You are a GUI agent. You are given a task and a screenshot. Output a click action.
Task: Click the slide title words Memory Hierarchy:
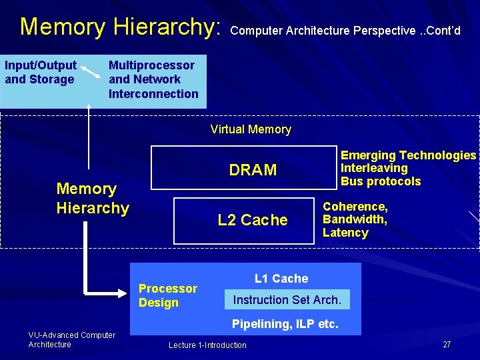120,27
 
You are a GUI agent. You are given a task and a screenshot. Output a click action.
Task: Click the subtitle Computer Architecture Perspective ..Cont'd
345,31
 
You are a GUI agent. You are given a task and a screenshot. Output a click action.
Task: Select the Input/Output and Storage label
40,73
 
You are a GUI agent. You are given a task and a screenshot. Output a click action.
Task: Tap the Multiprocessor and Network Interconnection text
153,79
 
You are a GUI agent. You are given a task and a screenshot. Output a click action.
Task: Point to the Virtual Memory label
251,129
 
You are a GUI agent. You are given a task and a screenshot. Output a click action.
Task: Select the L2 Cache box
244,220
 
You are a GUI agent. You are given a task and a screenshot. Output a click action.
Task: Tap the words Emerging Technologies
408,155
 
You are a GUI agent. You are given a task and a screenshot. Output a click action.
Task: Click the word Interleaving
374,168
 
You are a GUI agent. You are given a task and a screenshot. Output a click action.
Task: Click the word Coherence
355,207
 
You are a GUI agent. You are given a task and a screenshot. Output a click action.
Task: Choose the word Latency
345,233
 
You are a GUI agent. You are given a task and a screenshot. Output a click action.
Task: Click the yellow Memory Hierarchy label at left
92,198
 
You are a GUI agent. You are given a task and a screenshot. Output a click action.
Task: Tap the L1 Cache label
281,279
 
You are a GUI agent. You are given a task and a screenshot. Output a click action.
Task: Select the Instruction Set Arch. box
287,300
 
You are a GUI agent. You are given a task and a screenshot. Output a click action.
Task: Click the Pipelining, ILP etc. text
285,325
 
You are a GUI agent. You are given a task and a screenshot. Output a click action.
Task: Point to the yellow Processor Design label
167,295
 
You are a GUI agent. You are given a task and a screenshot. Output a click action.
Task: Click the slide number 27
447,345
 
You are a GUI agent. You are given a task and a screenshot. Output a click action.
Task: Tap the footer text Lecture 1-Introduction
207,345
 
